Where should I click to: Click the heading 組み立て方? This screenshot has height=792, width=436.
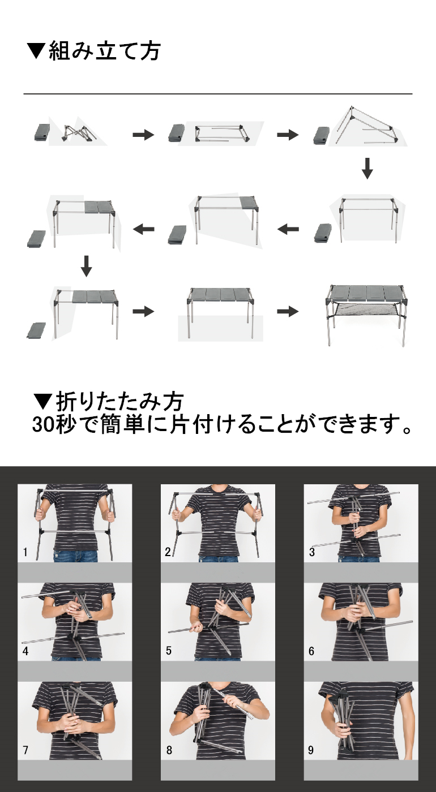point(104,50)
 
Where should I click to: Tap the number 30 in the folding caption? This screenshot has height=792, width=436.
point(44,424)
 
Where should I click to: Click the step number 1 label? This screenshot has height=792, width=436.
point(25,552)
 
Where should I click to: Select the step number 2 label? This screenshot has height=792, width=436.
point(168,552)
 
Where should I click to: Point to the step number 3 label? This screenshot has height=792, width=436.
point(311,552)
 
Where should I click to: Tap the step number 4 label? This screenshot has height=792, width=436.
point(25,651)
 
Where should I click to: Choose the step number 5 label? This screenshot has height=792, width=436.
point(169,651)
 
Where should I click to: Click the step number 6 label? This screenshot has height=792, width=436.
point(311,651)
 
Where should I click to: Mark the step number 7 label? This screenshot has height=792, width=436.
point(25,750)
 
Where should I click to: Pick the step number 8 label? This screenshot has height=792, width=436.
point(169,750)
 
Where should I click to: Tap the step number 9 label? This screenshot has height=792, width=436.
point(311,750)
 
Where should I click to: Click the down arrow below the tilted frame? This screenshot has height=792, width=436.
point(367,169)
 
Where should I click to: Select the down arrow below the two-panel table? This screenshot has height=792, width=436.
point(86,266)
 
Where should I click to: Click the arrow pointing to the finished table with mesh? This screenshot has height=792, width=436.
point(288,312)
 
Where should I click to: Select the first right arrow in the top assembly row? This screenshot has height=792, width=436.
point(143,135)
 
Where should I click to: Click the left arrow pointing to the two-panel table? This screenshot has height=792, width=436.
point(144,229)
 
